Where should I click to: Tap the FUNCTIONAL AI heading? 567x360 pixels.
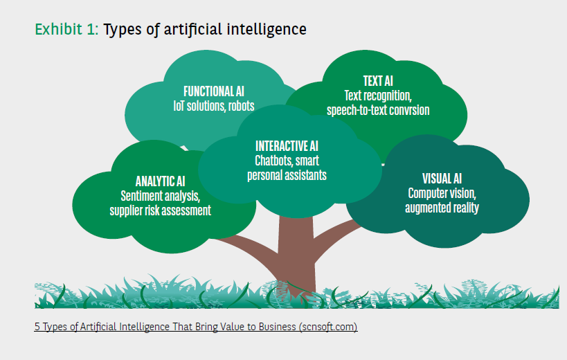point(213,91)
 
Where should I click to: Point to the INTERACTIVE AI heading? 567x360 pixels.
point(287,145)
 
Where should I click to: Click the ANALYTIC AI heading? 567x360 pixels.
point(160,181)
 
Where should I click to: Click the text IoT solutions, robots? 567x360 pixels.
point(213,107)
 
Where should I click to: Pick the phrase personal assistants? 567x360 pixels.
point(287,174)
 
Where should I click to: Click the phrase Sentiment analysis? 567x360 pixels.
point(160,196)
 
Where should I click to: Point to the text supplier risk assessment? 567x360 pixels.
point(160,210)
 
